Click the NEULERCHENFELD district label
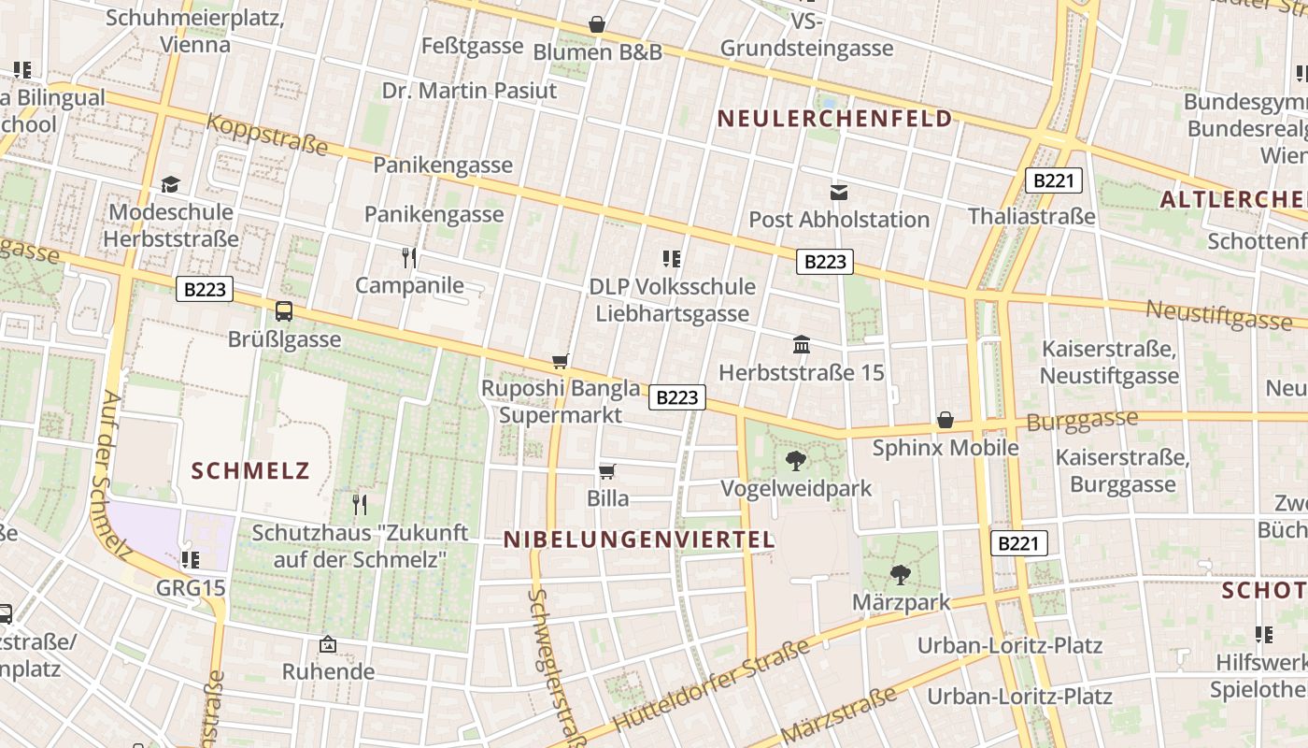(x=835, y=119)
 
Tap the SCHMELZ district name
(x=250, y=470)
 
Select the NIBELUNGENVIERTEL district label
(x=639, y=539)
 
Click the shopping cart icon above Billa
(x=607, y=471)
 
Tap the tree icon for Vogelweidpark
(x=796, y=460)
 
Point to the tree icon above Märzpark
(x=901, y=574)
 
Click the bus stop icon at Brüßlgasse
(x=284, y=311)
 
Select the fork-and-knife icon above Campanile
(x=409, y=257)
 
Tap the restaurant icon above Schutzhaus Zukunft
(x=360, y=504)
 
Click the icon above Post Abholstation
(x=839, y=193)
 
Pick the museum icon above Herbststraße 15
(x=802, y=345)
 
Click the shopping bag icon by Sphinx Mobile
(x=945, y=420)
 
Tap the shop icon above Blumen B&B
(x=597, y=24)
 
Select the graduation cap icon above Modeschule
(x=170, y=184)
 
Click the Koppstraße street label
(x=267, y=135)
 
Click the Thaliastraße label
(x=1031, y=217)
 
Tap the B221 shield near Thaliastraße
(x=1054, y=180)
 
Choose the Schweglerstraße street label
(x=554, y=664)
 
